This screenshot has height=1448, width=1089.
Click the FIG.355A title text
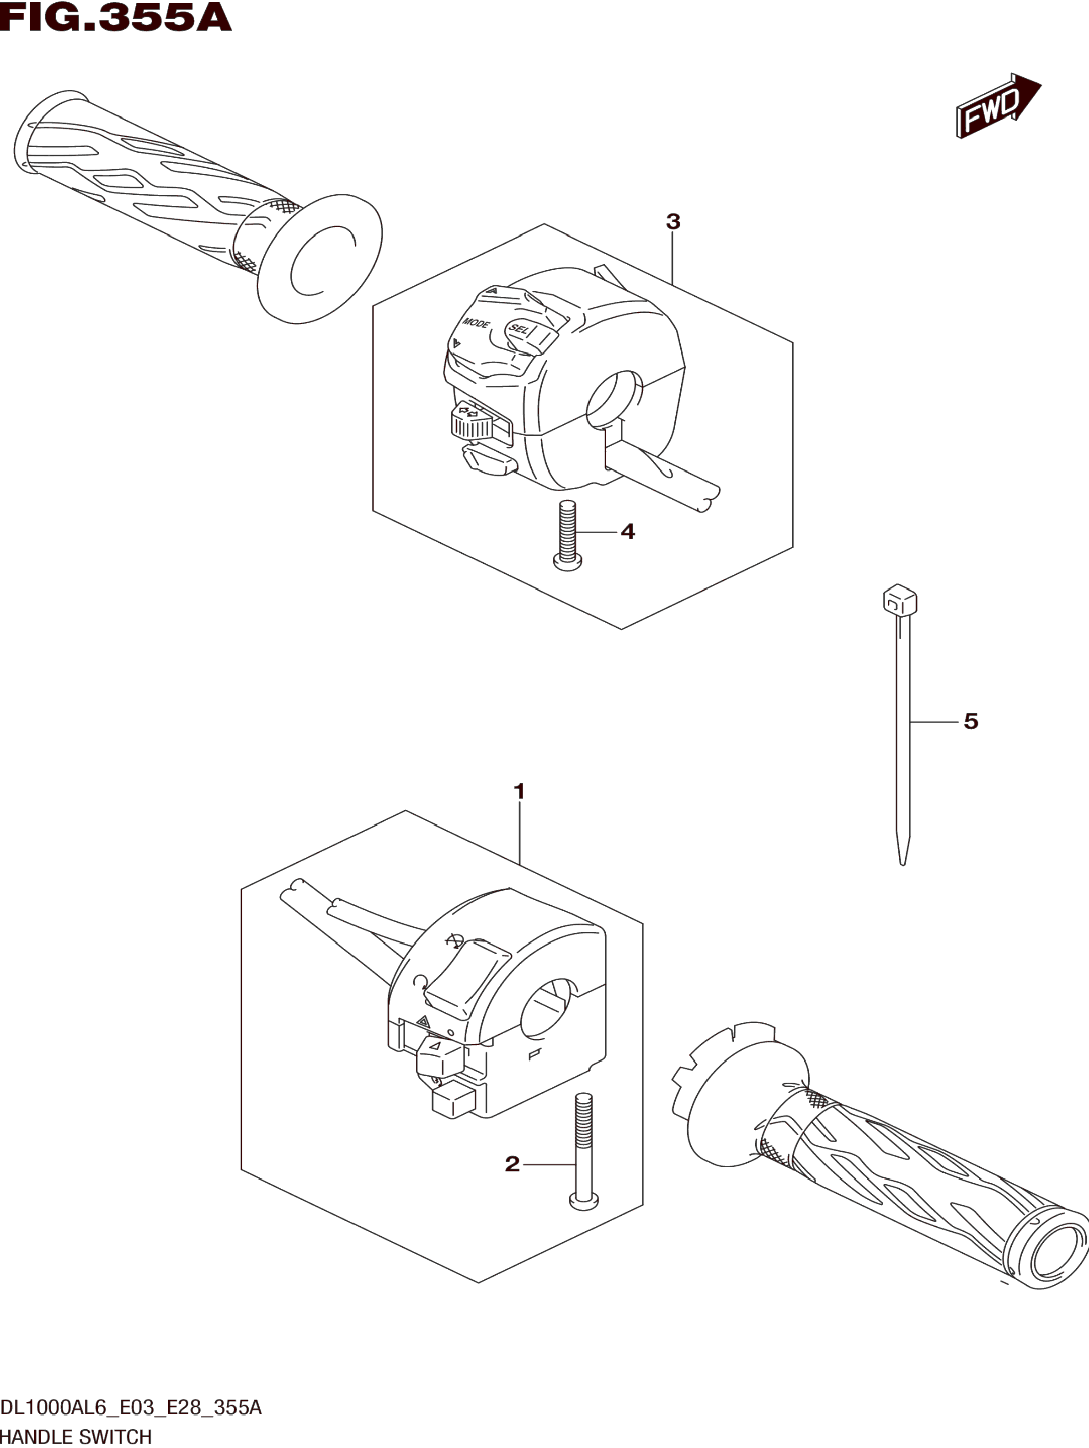click(x=116, y=18)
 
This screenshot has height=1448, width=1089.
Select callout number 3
click(x=673, y=222)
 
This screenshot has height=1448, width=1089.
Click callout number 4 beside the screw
click(x=628, y=532)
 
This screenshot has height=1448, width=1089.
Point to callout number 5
click(x=971, y=721)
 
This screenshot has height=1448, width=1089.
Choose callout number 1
click(x=519, y=791)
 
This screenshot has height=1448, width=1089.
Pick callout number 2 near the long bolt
click(x=512, y=1163)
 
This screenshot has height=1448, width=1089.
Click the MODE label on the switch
click(x=476, y=323)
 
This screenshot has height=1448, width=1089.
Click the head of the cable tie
click(x=899, y=599)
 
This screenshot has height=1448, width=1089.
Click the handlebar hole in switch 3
click(x=613, y=399)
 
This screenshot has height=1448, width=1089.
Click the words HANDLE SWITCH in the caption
click(x=76, y=1437)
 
